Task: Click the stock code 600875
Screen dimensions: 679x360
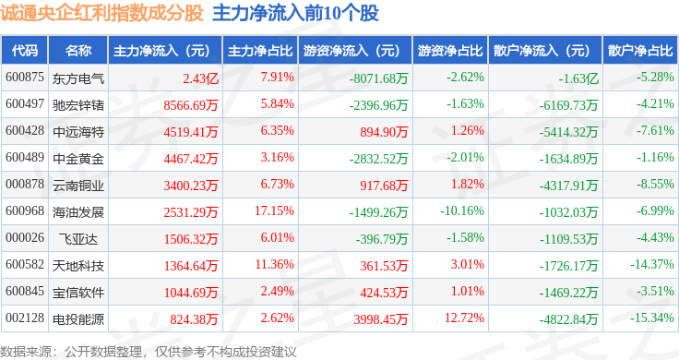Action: click(x=25, y=78)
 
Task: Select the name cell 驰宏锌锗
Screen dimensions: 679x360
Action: click(x=78, y=105)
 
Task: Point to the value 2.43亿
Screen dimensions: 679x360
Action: click(x=200, y=78)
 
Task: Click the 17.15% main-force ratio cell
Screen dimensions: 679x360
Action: click(x=275, y=211)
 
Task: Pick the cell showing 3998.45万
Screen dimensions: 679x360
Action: click(x=381, y=319)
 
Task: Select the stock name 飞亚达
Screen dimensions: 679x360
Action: click(x=78, y=239)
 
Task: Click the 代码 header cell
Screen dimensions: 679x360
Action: click(x=25, y=50)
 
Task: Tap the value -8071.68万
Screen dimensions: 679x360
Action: click(x=379, y=78)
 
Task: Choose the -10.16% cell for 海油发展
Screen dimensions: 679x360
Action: click(x=462, y=211)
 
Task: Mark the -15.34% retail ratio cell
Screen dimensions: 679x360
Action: click(x=652, y=318)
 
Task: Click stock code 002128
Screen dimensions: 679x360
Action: click(x=25, y=318)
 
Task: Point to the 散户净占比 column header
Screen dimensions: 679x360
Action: click(x=640, y=50)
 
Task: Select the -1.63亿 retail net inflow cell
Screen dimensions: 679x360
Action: click(x=578, y=78)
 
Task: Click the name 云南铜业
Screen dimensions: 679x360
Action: click(x=78, y=186)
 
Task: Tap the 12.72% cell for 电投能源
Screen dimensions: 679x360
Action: click(x=464, y=318)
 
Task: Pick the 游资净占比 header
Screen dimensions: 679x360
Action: click(x=450, y=50)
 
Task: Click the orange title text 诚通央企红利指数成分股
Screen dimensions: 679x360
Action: click(x=101, y=13)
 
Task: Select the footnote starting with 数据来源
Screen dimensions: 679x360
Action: click(x=149, y=352)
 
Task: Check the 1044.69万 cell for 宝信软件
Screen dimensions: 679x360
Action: click(x=191, y=293)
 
